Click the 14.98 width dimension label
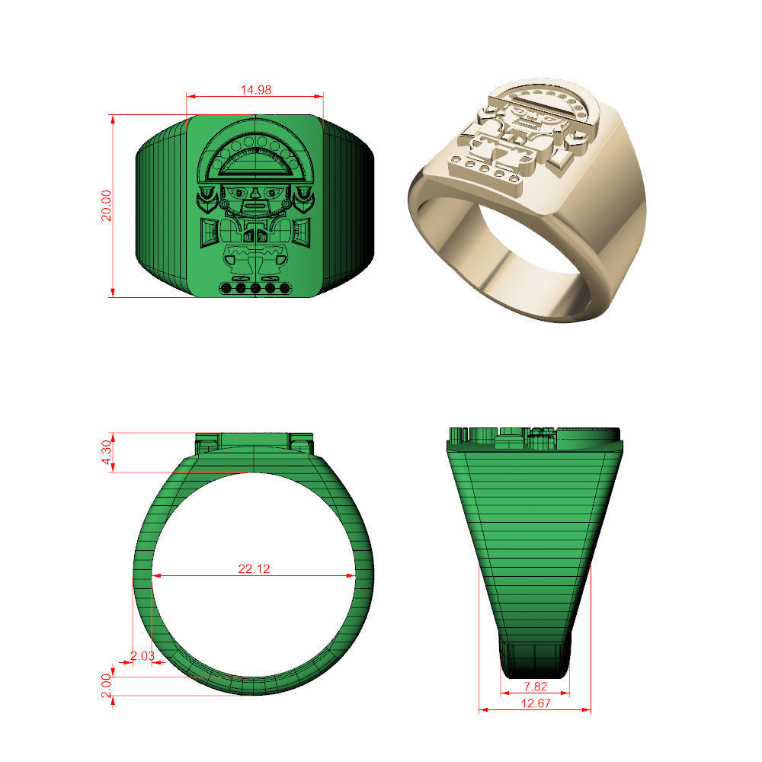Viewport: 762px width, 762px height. click(256, 90)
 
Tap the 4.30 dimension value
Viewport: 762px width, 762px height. click(107, 453)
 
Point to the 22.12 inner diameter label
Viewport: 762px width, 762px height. click(255, 568)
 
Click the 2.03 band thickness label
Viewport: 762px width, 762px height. click(142, 655)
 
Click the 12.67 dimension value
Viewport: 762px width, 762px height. click(534, 703)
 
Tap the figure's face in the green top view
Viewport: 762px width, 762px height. click(255, 200)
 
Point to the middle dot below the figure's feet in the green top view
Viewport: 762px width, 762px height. click(255, 288)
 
